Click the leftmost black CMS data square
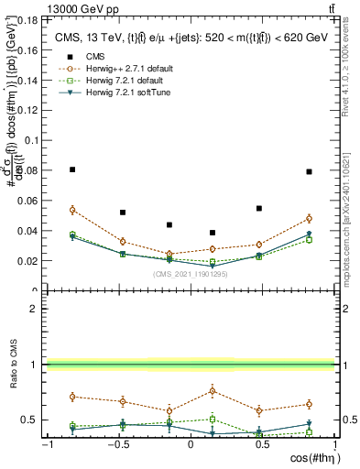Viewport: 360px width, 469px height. point(73,169)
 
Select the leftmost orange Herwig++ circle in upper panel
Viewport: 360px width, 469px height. point(73,210)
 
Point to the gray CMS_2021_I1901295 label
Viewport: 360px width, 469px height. point(189,273)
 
